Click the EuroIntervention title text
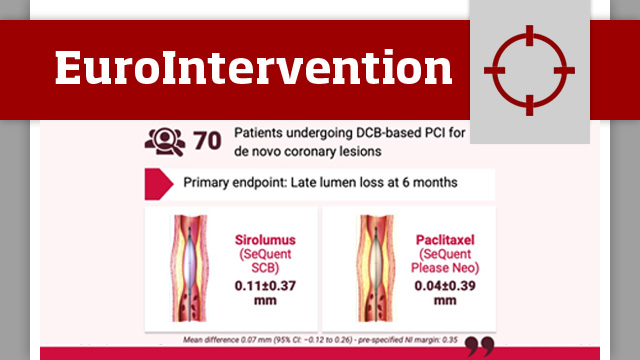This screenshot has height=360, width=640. pyautogui.click(x=253, y=68)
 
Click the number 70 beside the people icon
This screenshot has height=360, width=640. pyautogui.click(x=207, y=141)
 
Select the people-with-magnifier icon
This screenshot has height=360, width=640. pyautogui.click(x=164, y=141)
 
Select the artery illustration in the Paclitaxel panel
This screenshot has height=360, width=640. pyautogui.click(x=373, y=267)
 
